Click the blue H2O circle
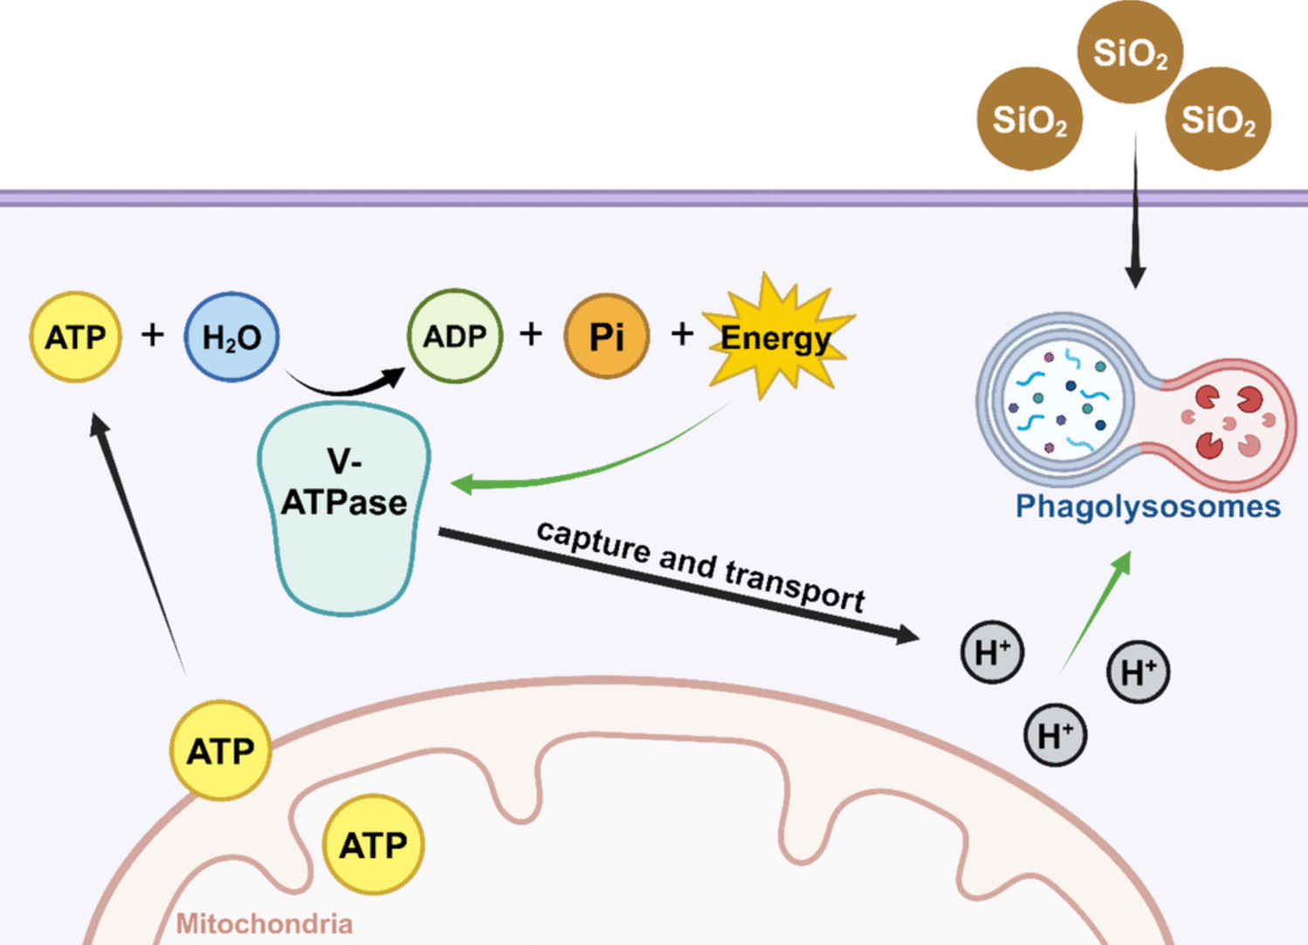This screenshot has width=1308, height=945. click(x=231, y=337)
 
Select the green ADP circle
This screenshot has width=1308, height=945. click(x=455, y=336)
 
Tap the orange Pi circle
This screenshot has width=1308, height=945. click(x=607, y=336)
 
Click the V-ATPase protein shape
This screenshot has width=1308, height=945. click(x=344, y=507)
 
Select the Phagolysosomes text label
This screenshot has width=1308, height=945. click(x=1147, y=507)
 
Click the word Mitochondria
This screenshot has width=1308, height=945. click(x=265, y=924)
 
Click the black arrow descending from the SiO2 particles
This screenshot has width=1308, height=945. click(x=1135, y=218)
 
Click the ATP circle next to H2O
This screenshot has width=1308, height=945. click(x=76, y=337)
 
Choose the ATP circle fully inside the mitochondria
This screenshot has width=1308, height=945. click(x=374, y=845)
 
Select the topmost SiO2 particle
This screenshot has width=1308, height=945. click(x=1131, y=52)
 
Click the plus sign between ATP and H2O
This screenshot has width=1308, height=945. click(x=153, y=334)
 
